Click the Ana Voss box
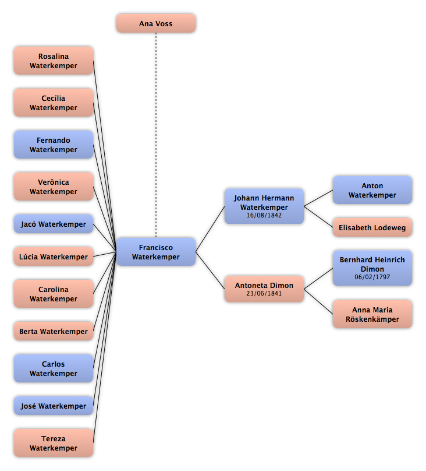coord(156,23)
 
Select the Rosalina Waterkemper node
coord(54,61)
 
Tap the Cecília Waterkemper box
coord(54,103)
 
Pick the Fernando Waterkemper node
coord(54,145)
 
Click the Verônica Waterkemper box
coord(54,187)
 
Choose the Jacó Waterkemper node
coord(54,224)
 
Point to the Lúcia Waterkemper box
coord(54,256)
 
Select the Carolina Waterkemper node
coord(54,294)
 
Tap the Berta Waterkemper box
coord(54,331)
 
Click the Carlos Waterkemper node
coord(54,368)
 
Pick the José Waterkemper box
coord(54,406)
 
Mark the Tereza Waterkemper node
coord(54,443)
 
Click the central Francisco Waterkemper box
coord(156,252)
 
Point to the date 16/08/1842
coord(264,215)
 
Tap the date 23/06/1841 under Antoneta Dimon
coord(264,293)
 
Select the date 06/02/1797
coord(372,277)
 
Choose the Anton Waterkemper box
coord(372,190)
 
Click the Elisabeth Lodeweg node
coord(372,227)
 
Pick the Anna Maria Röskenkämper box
coord(372,314)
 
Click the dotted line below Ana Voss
coord(156,135)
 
